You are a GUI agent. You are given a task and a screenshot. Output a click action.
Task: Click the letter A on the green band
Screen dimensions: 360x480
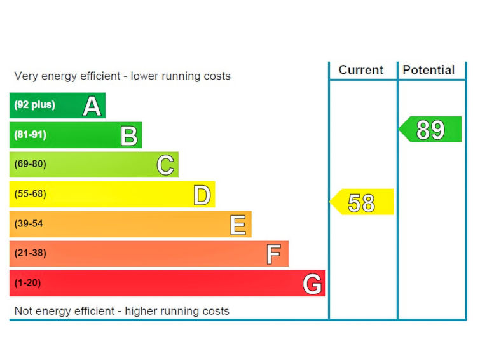[x=92, y=106]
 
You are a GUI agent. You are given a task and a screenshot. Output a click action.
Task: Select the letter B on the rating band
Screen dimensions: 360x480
[x=128, y=135]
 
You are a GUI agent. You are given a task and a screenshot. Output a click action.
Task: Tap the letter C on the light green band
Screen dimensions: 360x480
[x=165, y=165]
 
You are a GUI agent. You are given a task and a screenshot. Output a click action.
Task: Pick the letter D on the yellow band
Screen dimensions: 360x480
[x=202, y=195]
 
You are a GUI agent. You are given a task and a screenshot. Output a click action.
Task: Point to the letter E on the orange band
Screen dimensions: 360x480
[x=238, y=224]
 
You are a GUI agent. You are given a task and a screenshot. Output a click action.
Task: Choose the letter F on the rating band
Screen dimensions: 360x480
[x=273, y=254]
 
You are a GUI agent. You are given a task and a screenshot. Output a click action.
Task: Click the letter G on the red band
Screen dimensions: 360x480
[x=312, y=284]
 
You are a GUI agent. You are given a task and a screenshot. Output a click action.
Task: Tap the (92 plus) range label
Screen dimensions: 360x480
[x=34, y=105]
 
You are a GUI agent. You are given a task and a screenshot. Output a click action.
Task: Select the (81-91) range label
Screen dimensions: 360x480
[x=31, y=135]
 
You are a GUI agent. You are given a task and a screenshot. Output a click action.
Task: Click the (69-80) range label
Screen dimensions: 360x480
[x=31, y=164]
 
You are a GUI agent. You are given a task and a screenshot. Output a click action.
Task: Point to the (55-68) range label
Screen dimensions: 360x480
[x=31, y=194]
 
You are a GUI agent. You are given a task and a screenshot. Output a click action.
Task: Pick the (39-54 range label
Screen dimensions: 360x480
[x=29, y=224]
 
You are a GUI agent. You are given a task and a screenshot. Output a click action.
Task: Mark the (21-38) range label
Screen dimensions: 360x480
[x=31, y=253]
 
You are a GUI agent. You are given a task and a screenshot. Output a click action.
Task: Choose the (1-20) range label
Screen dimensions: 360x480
[x=27, y=283]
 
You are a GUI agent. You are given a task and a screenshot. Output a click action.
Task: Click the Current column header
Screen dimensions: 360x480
[x=361, y=70]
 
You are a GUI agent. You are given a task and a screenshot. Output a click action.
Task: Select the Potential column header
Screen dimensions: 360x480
[x=429, y=70]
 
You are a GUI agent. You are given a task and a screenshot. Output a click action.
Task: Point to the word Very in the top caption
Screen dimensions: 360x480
[x=25, y=76]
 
